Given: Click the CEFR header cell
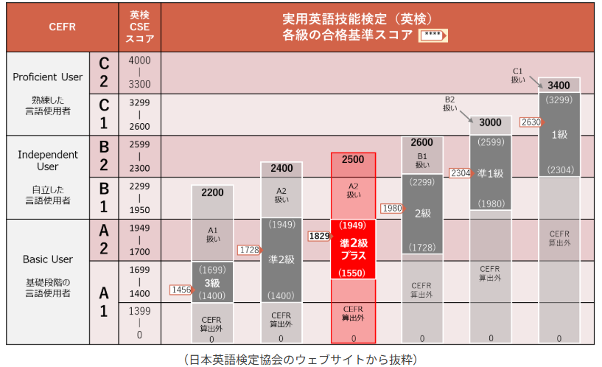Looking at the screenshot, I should click(62, 27).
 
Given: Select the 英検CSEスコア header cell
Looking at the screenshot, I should click(139, 27).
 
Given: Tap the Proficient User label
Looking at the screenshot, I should click(46, 77).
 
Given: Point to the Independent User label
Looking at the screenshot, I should click(48, 161).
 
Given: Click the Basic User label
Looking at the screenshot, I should click(48, 259).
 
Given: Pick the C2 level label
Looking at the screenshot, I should click(103, 72).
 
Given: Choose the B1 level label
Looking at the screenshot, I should click(103, 198).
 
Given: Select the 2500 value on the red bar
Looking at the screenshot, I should click(353, 160).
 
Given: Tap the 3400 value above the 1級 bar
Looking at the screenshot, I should click(559, 85).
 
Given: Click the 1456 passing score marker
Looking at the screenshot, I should click(180, 290).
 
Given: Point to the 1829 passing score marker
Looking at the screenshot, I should click(318, 237).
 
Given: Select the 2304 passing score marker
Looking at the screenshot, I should click(460, 173).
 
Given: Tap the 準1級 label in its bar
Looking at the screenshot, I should click(490, 173).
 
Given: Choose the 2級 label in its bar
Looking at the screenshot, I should click(421, 214).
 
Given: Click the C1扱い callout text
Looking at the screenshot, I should click(518, 75).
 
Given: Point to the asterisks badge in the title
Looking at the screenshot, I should click(433, 35).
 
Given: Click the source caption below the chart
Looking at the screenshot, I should click(301, 358).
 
